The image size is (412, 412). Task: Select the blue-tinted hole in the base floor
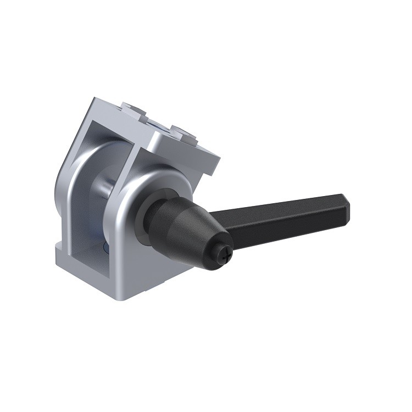(x=105, y=250)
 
